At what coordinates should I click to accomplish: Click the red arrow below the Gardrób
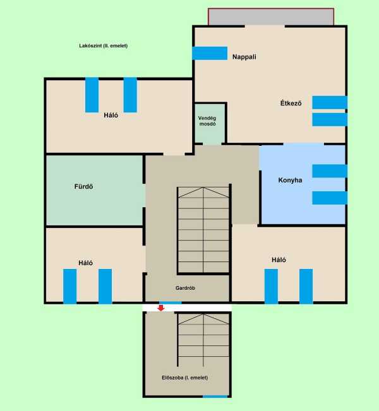click(x=161, y=307)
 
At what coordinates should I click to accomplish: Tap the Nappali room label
click(x=244, y=57)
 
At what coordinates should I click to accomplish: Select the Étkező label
click(x=291, y=103)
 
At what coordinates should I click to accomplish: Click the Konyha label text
click(x=290, y=180)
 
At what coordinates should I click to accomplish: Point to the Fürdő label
click(x=83, y=186)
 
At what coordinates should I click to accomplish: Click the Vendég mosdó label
click(x=207, y=121)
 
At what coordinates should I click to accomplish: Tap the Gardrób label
click(x=185, y=288)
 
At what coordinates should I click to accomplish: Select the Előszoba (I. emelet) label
click(x=185, y=378)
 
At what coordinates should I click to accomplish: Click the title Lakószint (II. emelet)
click(x=104, y=45)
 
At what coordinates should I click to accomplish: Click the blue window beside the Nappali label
click(x=210, y=53)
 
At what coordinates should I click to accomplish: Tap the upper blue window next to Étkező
click(x=330, y=102)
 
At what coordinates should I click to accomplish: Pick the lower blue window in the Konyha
click(x=330, y=198)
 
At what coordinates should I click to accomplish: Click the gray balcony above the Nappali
click(x=271, y=17)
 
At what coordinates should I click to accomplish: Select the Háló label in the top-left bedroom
click(x=111, y=115)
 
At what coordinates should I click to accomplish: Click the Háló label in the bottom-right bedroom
click(x=279, y=259)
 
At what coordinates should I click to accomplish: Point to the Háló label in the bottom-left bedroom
click(x=86, y=263)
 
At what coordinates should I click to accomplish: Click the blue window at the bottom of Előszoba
click(x=215, y=396)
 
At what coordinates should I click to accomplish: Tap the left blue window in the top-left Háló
click(x=92, y=95)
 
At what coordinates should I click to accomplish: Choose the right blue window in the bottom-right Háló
click(x=306, y=286)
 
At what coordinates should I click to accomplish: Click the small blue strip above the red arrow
click(x=171, y=303)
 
